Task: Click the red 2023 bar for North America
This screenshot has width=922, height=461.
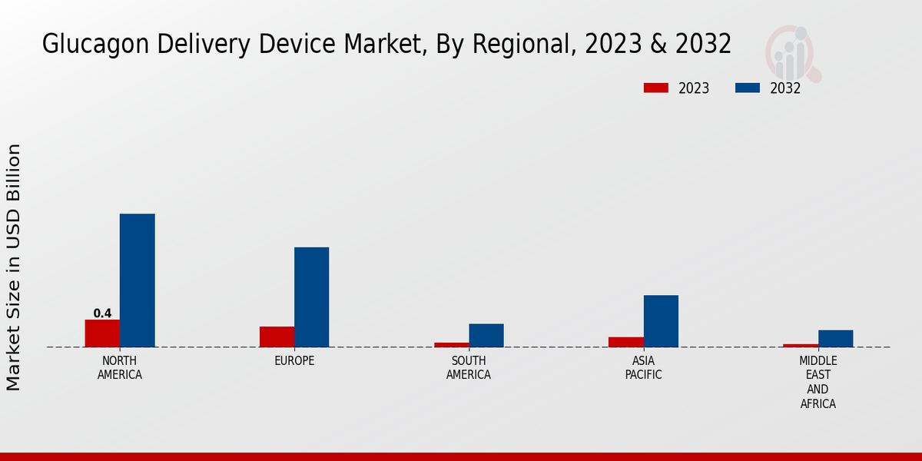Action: coord(102,333)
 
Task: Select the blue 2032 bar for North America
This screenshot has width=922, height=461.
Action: coord(137,280)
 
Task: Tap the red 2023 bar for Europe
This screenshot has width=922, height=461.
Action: coord(277,337)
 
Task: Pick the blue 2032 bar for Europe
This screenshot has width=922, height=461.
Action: coord(311,297)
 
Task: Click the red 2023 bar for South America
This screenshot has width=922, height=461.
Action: coord(451,344)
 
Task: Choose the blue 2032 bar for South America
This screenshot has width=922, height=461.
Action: coord(486,335)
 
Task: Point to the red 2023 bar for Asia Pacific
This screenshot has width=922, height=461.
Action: coord(625,342)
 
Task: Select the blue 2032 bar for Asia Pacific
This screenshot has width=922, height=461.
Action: coord(661,321)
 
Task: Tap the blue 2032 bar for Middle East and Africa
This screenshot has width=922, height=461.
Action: coord(835,338)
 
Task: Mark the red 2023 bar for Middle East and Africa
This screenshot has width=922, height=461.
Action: coord(801,345)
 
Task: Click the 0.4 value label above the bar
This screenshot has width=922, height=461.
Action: coord(102,313)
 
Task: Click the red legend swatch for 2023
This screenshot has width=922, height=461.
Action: coord(655,88)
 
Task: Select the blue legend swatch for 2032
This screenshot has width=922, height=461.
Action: coord(747,88)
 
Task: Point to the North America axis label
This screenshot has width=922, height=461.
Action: coord(119,368)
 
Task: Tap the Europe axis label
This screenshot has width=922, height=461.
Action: coord(294,361)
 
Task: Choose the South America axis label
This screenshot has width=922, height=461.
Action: coord(469,368)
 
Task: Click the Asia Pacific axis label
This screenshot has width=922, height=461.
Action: coord(643,368)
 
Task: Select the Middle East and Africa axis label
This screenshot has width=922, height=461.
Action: coord(818,382)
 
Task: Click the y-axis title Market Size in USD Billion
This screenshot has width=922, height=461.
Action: coord(14,267)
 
